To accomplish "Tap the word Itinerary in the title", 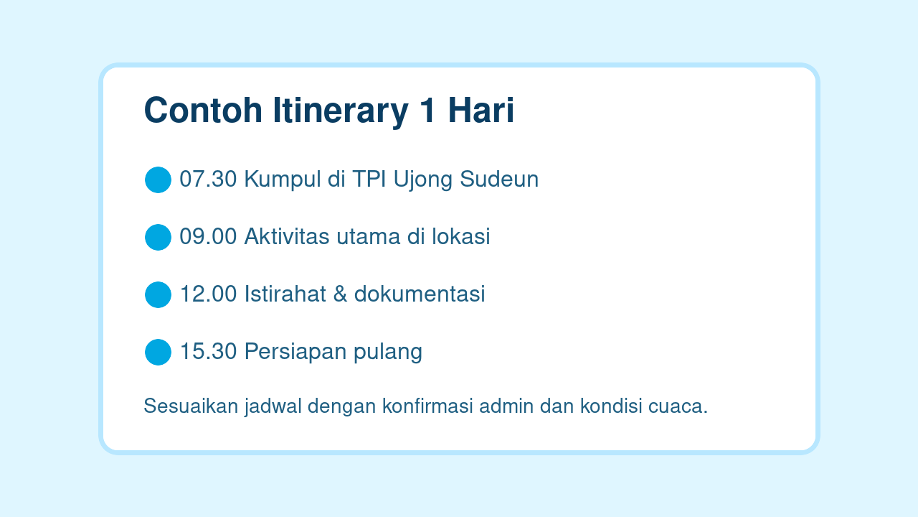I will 335,111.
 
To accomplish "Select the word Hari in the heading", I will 481,111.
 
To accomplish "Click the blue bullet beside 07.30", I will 158,180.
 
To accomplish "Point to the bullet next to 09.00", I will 158,237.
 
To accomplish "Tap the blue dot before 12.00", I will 158,294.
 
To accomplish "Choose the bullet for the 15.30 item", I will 158,352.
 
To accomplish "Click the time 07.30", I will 208,180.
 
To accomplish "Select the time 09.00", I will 208,237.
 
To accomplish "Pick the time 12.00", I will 208,294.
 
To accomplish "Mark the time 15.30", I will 208,352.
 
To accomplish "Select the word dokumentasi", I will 420,294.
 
